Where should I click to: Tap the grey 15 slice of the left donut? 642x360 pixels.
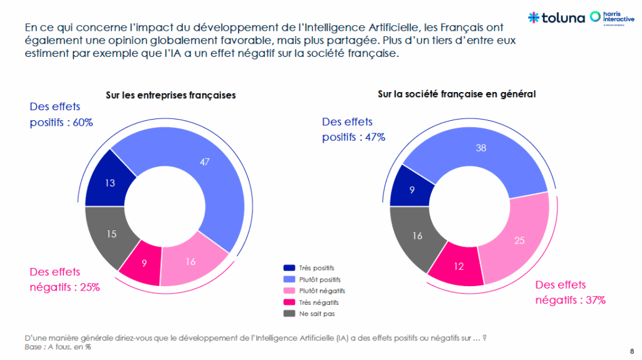pos(111,234)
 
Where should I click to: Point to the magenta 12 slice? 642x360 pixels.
pos(457,266)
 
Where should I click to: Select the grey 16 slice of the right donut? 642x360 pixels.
pos(416,236)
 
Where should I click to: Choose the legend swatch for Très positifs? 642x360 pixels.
pos(289,267)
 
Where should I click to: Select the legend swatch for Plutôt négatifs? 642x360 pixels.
pos(289,291)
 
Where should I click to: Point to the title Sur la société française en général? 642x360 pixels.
pos(457,95)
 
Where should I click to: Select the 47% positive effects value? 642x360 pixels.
pos(371,137)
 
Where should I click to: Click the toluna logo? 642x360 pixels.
pos(555,18)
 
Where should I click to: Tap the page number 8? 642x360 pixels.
pos(631,350)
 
